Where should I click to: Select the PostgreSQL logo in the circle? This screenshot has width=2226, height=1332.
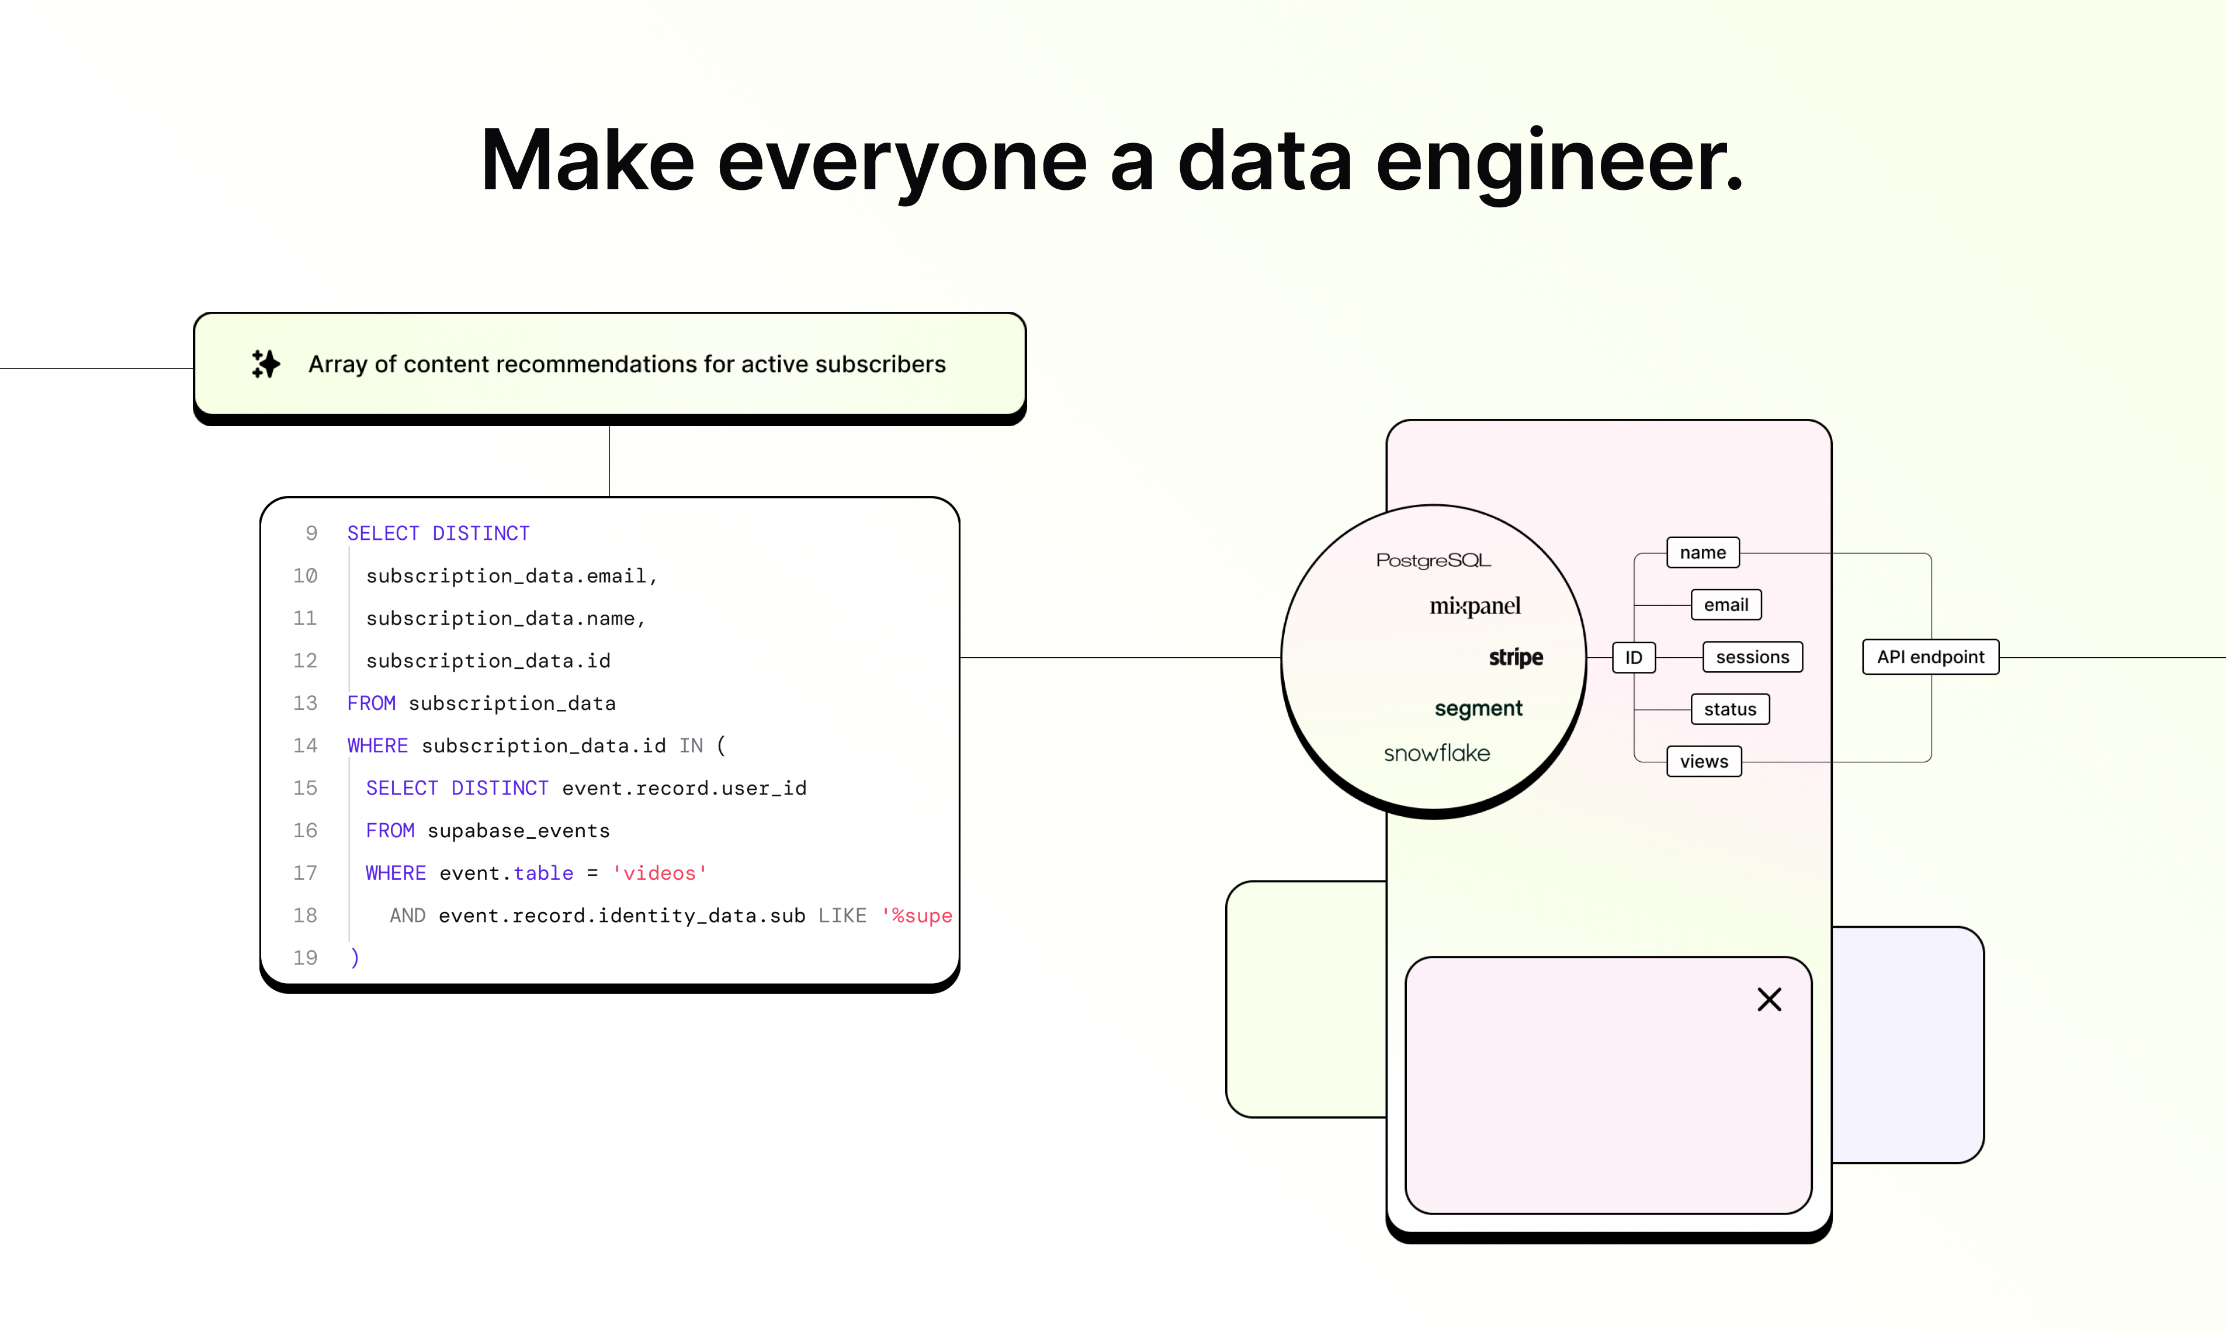(1433, 560)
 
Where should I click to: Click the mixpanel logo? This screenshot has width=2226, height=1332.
(1475, 607)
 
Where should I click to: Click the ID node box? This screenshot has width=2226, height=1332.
(1633, 657)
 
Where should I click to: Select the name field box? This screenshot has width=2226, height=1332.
(1702, 553)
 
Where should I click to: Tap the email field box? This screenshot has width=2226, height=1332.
(1725, 605)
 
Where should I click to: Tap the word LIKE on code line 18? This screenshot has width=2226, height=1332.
(842, 915)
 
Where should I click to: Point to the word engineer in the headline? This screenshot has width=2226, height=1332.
(1559, 162)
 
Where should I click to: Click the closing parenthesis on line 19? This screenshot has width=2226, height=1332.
(355, 958)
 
